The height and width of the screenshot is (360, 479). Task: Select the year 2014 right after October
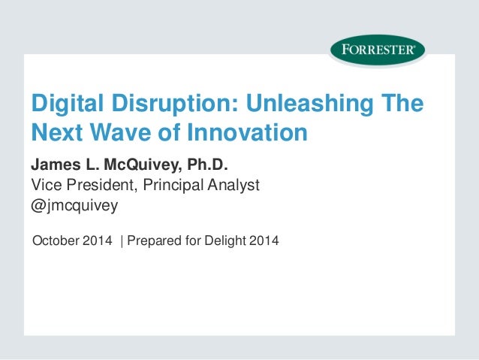(x=98, y=241)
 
